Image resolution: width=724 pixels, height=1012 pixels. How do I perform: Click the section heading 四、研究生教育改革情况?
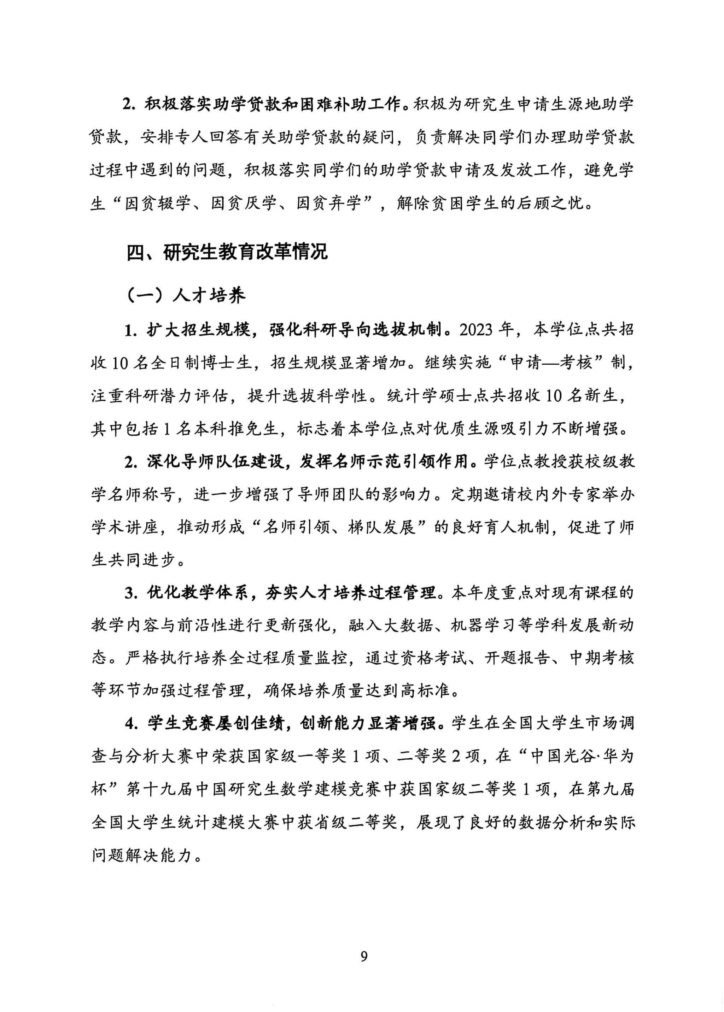tap(227, 252)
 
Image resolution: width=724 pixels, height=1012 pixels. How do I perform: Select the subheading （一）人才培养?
tap(187, 295)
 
